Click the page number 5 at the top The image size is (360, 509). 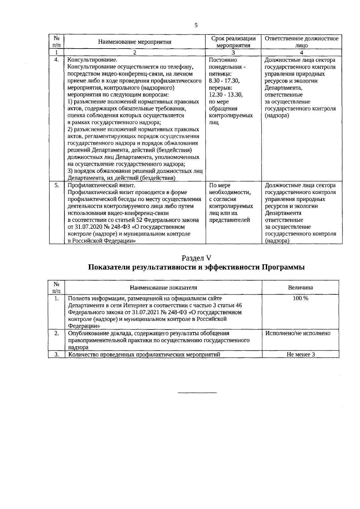click(x=196, y=25)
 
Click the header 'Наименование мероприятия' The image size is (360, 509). click(x=135, y=42)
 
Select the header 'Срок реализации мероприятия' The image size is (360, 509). click(x=233, y=42)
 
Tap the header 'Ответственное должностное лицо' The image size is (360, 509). click(x=301, y=42)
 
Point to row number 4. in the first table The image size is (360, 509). click(x=56, y=60)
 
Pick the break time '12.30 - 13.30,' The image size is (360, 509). click(x=226, y=95)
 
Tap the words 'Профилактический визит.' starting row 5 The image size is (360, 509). click(x=95, y=186)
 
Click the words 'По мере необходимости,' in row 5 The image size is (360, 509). click(x=229, y=189)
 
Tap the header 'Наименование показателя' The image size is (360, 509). click(x=163, y=288)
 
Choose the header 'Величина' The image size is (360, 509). click(x=300, y=288)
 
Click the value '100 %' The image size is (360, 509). click(x=300, y=299)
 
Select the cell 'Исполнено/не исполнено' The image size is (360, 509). click(x=298, y=333)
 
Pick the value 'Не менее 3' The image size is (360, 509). click(x=301, y=354)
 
